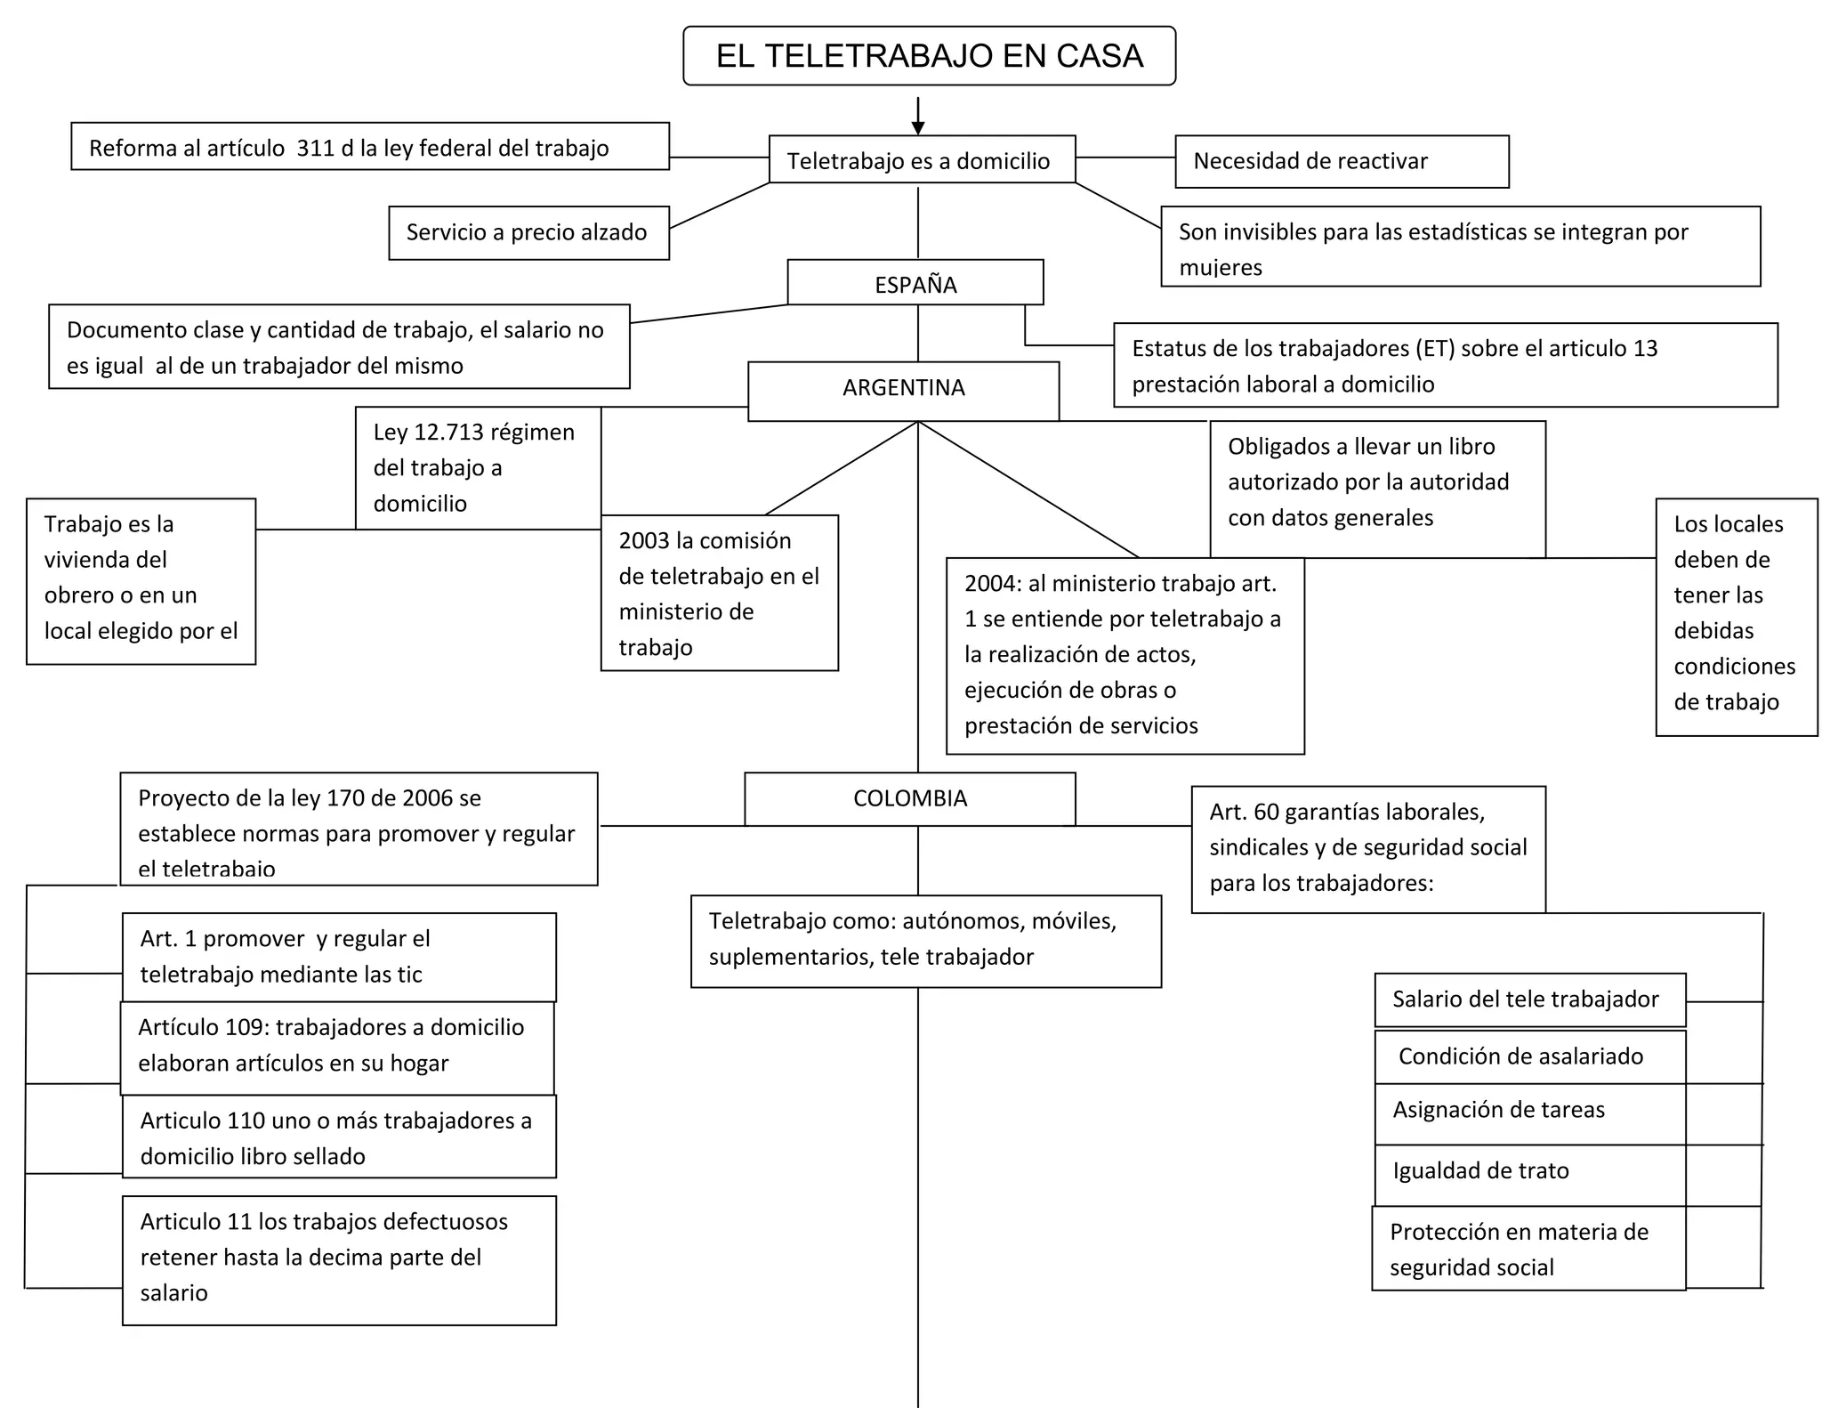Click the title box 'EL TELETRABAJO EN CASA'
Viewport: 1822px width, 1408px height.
point(929,56)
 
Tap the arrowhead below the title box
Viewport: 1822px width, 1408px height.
point(918,128)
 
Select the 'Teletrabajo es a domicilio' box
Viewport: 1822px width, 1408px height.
point(922,160)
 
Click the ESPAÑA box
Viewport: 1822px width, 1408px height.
point(915,284)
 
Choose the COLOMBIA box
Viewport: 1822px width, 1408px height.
point(909,798)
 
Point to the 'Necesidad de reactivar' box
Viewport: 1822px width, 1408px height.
point(1341,161)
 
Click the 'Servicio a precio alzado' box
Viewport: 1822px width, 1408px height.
point(528,232)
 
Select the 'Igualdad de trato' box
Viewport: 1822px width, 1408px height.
point(1528,1172)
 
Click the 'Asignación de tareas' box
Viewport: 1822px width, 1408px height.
point(1528,1111)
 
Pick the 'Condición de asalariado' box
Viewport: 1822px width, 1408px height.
point(1528,1056)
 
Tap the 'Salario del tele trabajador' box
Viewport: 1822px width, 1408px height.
point(1528,999)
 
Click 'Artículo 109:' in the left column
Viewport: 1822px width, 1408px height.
point(203,1027)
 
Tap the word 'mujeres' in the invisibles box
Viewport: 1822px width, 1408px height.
point(1221,268)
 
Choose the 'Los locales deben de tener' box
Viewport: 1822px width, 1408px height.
point(1735,615)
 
